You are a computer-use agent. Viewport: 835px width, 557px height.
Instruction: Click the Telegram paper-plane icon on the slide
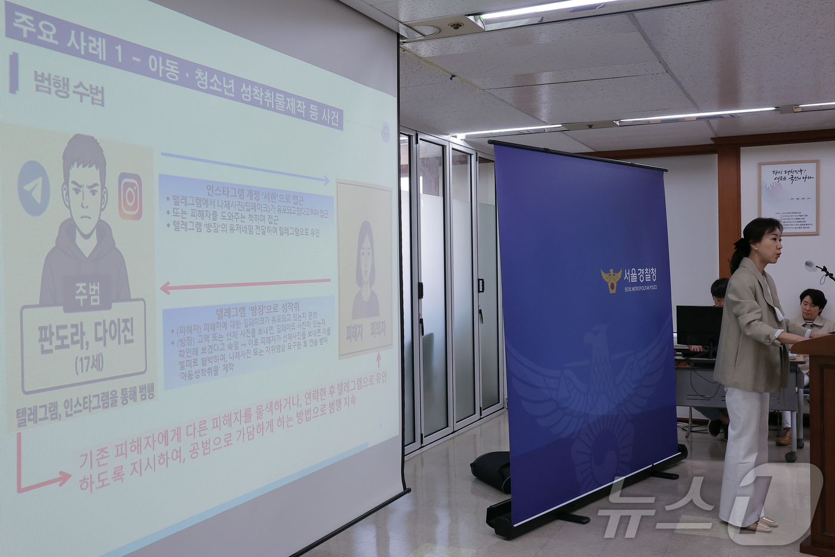coord(34,187)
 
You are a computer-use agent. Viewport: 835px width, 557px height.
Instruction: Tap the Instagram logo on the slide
coord(129,196)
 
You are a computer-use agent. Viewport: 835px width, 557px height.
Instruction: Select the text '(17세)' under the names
coord(89,364)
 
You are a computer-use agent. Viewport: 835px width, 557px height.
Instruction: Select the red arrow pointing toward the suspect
coord(245,285)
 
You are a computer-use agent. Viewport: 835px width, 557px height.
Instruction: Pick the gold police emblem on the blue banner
coord(611,279)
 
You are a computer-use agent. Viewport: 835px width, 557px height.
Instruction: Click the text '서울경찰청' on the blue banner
coord(640,275)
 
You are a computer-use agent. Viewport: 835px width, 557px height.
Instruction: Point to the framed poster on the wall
coord(788,197)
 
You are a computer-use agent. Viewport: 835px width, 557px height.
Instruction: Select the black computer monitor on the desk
coord(698,327)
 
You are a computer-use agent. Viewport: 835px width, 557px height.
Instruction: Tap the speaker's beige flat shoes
coord(760,525)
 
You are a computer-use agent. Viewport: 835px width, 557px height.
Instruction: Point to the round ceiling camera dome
coord(456,26)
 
